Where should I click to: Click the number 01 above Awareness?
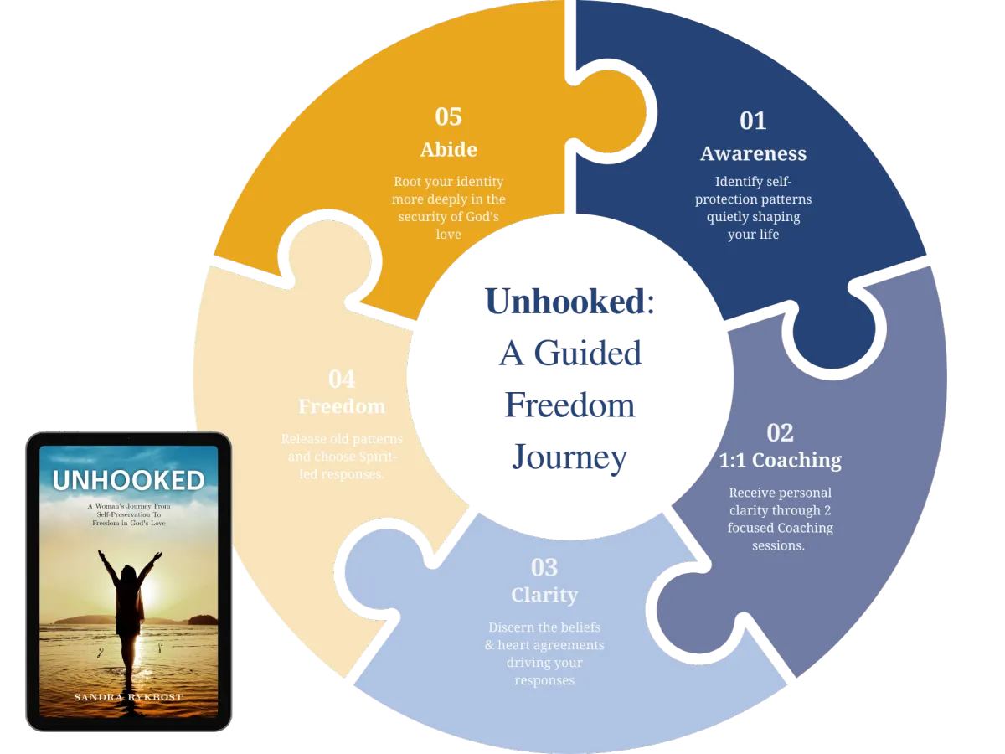[753, 121]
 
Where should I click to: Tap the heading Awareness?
[753, 154]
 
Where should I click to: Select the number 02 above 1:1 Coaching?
[780, 432]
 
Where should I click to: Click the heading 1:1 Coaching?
[780, 461]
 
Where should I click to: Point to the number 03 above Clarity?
[544, 568]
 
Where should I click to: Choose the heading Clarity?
[544, 596]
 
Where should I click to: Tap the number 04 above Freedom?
[342, 380]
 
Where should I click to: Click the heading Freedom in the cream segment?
[342, 407]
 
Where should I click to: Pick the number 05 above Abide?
[449, 116]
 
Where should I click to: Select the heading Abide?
[449, 150]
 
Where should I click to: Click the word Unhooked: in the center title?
[570, 302]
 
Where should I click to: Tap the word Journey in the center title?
[569, 457]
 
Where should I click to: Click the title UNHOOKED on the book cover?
[128, 480]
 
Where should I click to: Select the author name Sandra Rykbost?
[128, 697]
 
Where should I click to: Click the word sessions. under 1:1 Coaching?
[779, 545]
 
